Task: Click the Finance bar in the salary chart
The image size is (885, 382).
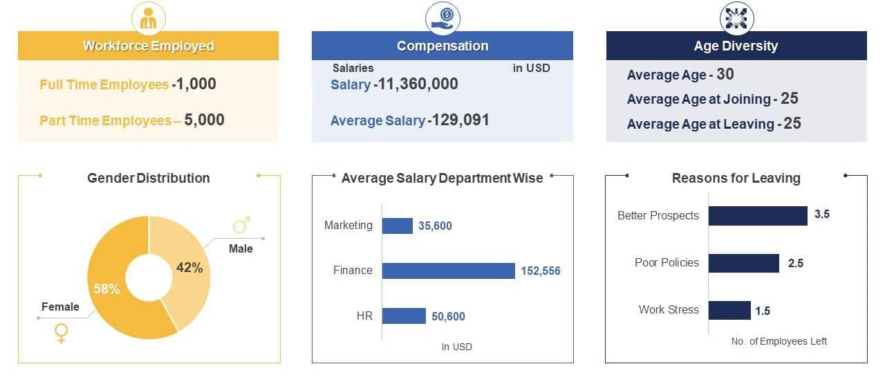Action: click(448, 271)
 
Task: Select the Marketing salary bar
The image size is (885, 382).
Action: click(398, 226)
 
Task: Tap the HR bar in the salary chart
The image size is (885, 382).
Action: click(404, 316)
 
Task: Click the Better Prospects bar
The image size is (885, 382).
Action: click(758, 215)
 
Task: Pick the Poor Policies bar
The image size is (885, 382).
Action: click(743, 263)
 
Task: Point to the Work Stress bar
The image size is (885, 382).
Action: click(729, 310)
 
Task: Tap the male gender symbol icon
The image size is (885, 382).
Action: click(241, 225)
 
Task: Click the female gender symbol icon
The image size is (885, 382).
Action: click(62, 334)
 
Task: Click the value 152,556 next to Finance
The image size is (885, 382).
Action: click(541, 271)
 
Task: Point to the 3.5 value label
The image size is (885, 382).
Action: click(822, 215)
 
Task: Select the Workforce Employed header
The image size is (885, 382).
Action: click(148, 46)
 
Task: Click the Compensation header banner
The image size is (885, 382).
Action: click(442, 46)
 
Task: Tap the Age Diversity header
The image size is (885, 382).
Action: click(736, 46)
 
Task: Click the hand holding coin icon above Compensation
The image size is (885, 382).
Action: click(442, 17)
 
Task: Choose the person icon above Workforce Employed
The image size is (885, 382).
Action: click(148, 18)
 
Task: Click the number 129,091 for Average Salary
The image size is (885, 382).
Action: click(458, 120)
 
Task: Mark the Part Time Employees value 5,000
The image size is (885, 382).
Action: click(204, 120)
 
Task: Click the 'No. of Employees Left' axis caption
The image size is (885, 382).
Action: click(779, 341)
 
